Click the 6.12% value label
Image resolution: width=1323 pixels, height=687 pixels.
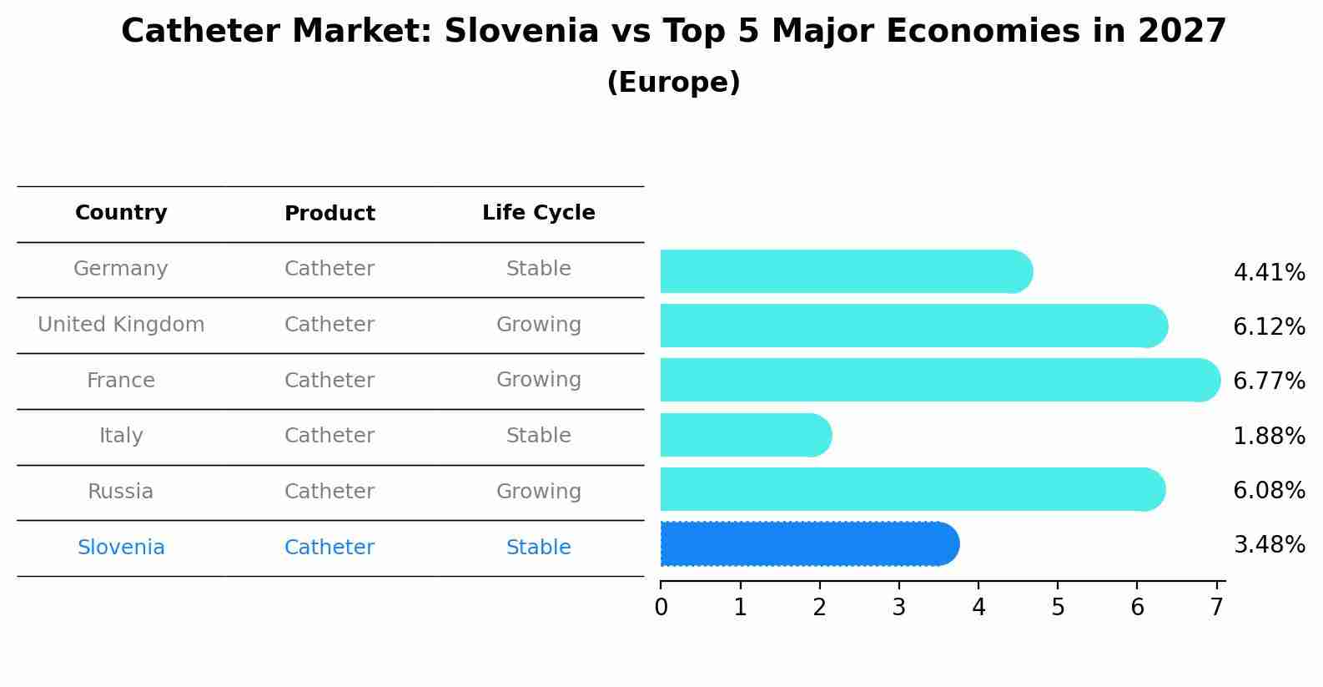(1269, 326)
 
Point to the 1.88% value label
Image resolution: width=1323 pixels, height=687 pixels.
(1269, 436)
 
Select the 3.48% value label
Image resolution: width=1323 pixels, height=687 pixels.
(1269, 545)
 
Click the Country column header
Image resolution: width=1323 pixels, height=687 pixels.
(121, 213)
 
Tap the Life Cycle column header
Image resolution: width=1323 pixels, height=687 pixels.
(538, 213)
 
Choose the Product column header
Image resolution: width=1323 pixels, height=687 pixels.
(329, 214)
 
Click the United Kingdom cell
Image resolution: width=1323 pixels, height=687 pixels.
(121, 325)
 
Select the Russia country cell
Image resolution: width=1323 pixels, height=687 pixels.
(121, 492)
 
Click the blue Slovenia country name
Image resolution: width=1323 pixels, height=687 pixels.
(121, 548)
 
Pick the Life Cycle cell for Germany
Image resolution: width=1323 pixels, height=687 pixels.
(538, 269)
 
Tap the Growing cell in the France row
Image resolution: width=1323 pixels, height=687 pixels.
(538, 380)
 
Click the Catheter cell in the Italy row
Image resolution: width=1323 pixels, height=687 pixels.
(329, 436)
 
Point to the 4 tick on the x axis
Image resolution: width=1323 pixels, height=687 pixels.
(978, 607)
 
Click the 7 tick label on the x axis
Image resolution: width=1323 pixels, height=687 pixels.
(1217, 607)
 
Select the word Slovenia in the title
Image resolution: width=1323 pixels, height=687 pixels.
(521, 32)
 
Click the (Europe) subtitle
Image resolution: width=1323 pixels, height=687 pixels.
(673, 83)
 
